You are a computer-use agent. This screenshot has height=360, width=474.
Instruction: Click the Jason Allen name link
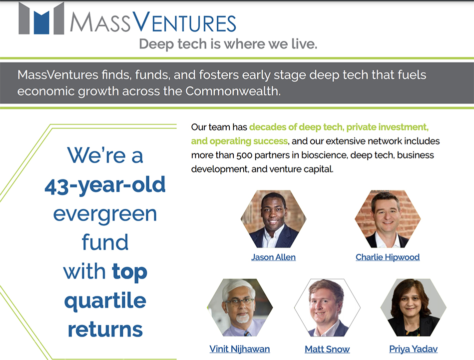pos(273,257)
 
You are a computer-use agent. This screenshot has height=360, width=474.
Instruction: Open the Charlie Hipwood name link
pos(388,257)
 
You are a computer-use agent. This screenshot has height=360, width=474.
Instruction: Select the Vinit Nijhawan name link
pos(239,349)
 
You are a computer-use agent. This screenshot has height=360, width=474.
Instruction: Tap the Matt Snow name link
pos(327,349)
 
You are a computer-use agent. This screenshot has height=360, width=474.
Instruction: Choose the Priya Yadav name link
pos(413,349)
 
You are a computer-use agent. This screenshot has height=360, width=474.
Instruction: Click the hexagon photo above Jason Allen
pos(273,218)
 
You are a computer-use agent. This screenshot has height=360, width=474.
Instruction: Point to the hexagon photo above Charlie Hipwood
pos(388,218)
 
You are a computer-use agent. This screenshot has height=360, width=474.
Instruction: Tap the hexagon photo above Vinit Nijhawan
pos(240,307)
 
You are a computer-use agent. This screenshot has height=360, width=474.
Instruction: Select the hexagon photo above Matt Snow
pos(327,307)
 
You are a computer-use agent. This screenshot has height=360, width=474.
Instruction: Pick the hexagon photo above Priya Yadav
pos(413,307)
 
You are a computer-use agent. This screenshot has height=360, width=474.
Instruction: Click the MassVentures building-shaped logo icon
pos(41,18)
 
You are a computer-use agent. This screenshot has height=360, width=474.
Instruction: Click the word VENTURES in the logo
pos(184,22)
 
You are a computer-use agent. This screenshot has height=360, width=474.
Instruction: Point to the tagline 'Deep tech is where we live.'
pos(228,44)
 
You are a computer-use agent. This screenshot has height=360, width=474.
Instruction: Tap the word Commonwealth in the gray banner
pos(233,91)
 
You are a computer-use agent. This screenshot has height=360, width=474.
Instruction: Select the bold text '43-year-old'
pos(105,185)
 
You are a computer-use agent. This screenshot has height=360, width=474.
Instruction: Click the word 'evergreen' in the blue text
pos(105,214)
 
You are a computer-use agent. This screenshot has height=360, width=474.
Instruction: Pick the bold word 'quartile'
pos(105,300)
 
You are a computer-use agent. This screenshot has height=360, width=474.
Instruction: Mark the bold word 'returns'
pos(105,329)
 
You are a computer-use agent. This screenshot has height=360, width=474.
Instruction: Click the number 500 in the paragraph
pos(244,155)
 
